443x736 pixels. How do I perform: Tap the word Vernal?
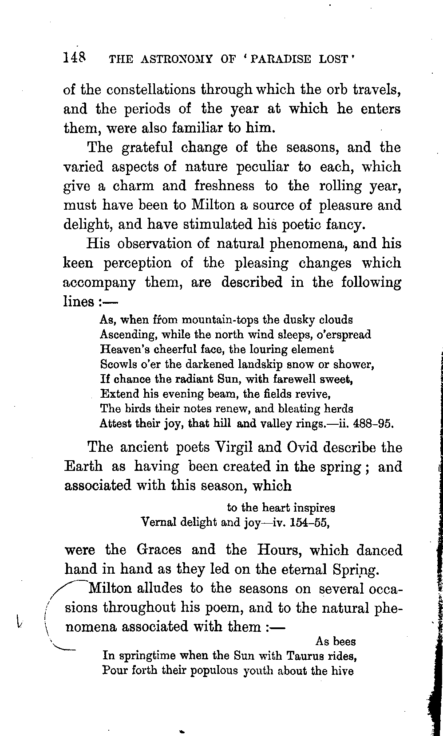(158, 522)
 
